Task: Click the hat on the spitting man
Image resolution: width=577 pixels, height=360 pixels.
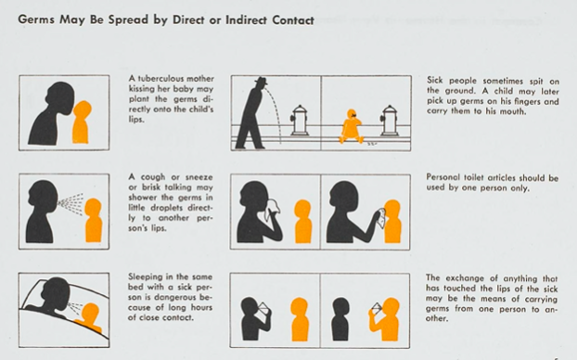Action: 262,82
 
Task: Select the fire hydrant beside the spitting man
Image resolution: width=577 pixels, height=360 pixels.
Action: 299,120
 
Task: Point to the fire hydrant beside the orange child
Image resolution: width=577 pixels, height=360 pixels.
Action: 389,120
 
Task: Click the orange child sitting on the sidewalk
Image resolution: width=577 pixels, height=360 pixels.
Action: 351,126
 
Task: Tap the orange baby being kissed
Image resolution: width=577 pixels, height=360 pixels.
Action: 82,122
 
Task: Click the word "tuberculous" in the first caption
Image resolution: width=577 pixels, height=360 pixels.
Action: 160,79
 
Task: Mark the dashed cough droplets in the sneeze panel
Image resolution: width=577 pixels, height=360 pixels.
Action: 71,203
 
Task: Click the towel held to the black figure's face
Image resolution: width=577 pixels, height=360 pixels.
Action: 273,209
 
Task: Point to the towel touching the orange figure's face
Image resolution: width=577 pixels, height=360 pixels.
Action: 381,217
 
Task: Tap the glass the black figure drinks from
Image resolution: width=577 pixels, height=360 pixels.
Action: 263,309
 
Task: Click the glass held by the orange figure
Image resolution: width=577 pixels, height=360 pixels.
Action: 376,309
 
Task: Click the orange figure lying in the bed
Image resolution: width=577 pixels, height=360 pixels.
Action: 89,317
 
